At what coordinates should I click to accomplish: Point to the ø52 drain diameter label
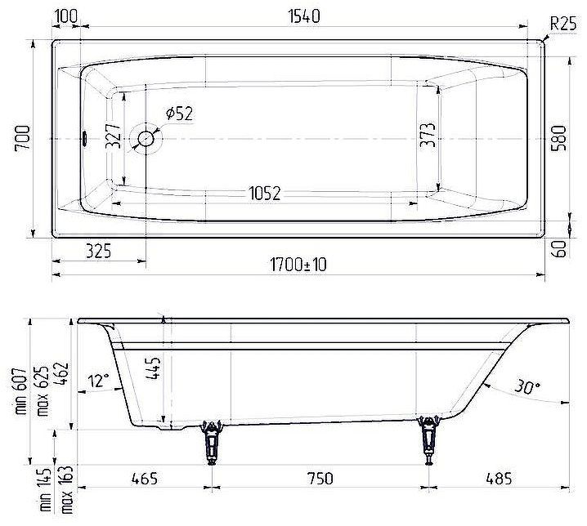(x=178, y=114)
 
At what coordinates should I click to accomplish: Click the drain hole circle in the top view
(x=147, y=139)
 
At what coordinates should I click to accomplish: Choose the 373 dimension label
(x=427, y=135)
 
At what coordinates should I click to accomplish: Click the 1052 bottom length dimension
(x=264, y=194)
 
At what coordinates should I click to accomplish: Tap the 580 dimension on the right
(x=559, y=139)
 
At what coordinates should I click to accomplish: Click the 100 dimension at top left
(x=69, y=16)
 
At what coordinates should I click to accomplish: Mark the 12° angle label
(x=99, y=380)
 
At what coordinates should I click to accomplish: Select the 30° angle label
(x=527, y=386)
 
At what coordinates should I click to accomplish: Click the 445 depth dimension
(x=156, y=372)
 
